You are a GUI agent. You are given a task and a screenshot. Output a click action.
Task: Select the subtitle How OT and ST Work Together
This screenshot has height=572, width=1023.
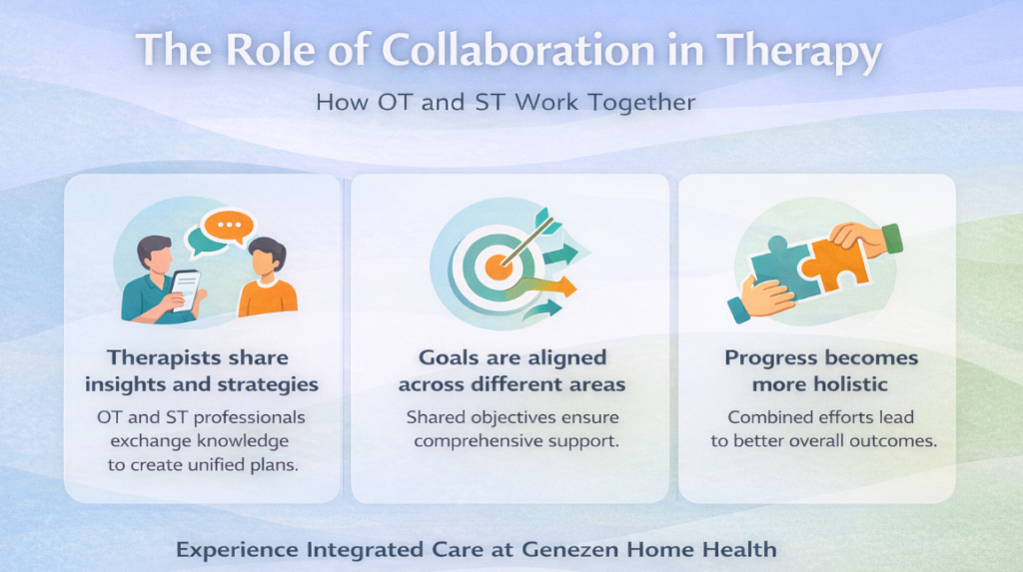(x=506, y=102)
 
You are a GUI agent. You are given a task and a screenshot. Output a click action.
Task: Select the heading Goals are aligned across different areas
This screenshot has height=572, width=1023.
(x=511, y=370)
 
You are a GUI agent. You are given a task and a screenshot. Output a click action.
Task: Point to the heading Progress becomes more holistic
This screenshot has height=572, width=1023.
(x=820, y=370)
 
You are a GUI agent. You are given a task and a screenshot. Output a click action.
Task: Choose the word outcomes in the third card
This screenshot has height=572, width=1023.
(x=897, y=439)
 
